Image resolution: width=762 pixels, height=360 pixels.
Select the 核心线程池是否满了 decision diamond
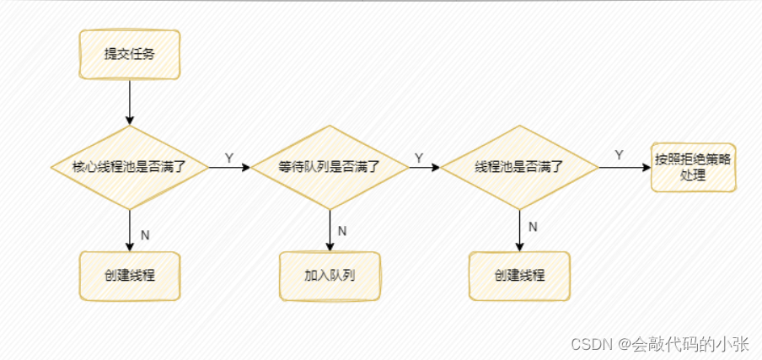(x=129, y=167)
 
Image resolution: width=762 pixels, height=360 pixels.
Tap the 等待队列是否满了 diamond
(x=330, y=167)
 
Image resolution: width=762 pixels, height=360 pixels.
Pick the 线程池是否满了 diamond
(x=520, y=167)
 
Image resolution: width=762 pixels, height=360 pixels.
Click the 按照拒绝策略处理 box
(x=695, y=167)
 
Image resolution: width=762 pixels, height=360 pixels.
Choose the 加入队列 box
(x=330, y=276)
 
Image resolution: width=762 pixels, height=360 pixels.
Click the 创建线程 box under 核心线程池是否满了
(x=129, y=276)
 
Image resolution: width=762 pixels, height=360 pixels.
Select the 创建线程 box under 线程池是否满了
(x=520, y=276)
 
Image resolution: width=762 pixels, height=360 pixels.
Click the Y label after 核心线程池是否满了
(x=228, y=158)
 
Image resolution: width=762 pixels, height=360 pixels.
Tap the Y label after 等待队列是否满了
(x=418, y=158)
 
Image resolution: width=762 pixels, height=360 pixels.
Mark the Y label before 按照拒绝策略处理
(x=619, y=155)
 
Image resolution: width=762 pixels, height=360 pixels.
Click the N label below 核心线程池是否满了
(x=144, y=234)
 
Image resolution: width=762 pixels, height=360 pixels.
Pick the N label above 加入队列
(x=341, y=231)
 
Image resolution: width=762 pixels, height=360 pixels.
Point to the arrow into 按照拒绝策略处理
(x=625, y=168)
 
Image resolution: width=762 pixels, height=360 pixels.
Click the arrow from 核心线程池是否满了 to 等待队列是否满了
(x=229, y=168)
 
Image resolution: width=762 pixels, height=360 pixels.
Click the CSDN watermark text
(x=659, y=344)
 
